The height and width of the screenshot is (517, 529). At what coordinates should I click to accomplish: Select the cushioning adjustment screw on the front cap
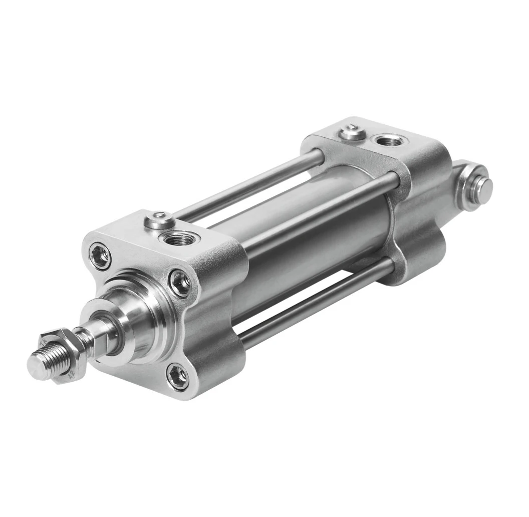pos(159,220)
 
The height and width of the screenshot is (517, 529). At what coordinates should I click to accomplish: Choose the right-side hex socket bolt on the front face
pos(180,283)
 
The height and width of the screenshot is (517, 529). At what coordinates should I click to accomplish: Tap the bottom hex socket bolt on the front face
pos(178,376)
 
